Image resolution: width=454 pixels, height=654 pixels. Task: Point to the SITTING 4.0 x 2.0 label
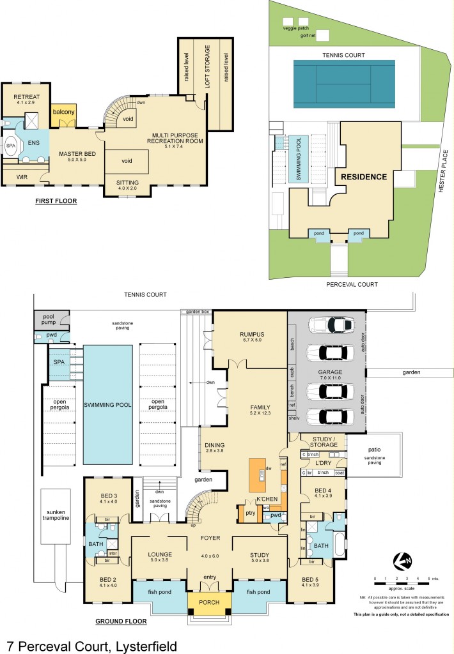[x=127, y=185]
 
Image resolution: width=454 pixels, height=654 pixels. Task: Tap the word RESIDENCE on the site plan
[x=363, y=176]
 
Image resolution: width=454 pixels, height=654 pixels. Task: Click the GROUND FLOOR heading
[x=120, y=620]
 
